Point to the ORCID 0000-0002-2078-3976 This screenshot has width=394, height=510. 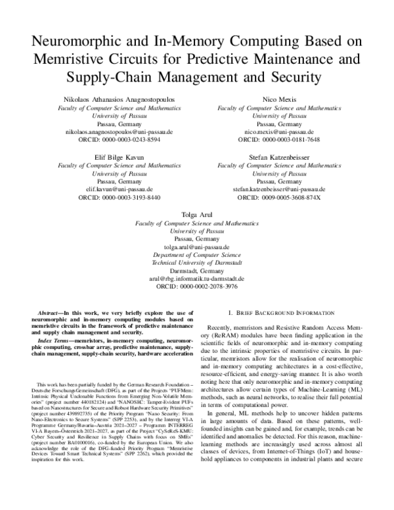coord(196,287)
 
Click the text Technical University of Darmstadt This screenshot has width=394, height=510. coord(196,261)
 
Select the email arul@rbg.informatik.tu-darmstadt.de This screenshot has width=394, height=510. coord(196,278)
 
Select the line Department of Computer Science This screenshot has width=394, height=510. coord(196,253)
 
